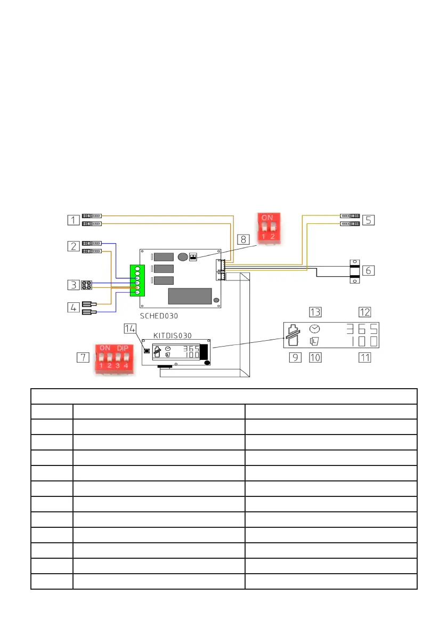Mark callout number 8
tap(243, 239)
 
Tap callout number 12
tap(364, 312)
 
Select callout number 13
tap(315, 312)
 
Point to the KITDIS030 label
tap(173, 335)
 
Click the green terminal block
tap(137, 280)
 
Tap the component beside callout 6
tap(353, 270)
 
